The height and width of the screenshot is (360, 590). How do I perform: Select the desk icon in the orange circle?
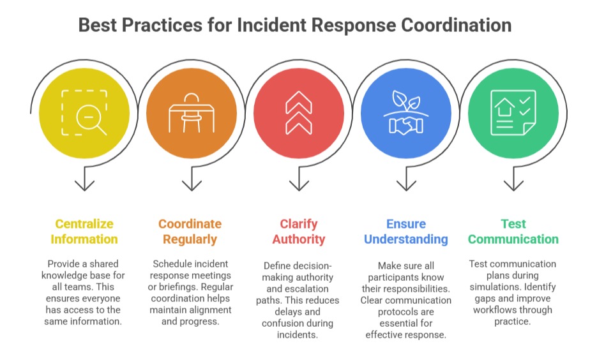coord(192,113)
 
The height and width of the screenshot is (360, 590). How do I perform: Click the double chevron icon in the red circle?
coord(299,113)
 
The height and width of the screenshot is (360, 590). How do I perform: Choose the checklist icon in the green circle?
coord(513,113)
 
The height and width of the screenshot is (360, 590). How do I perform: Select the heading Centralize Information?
coord(84,232)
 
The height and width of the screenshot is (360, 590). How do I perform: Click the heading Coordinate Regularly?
coord(190,232)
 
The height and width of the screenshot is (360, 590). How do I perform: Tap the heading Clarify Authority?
coord(299,232)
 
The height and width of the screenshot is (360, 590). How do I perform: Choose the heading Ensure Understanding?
coord(406,232)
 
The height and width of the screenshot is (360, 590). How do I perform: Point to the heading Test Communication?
coord(513,232)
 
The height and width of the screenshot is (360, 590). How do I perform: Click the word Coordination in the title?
coord(457,25)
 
